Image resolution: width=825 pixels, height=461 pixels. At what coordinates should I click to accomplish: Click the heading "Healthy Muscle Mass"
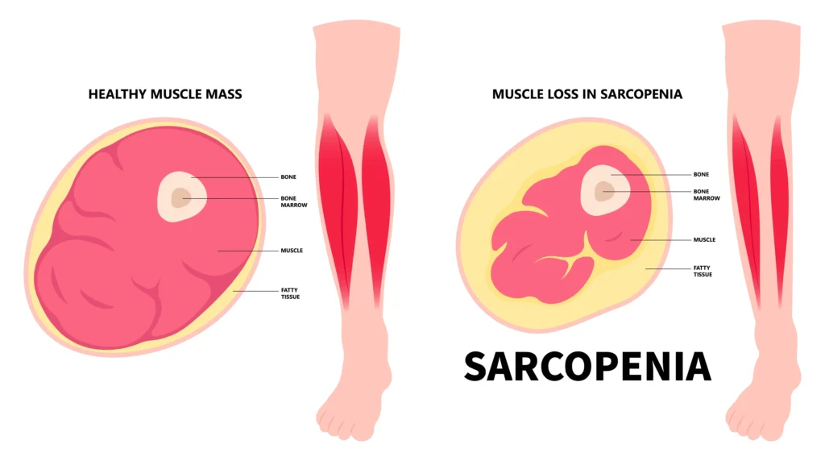165,94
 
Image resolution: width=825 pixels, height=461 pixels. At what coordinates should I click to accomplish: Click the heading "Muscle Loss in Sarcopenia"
587,94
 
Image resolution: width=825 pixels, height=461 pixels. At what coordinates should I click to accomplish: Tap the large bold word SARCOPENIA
587,367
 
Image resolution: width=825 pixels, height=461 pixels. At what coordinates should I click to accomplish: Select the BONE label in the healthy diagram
288,177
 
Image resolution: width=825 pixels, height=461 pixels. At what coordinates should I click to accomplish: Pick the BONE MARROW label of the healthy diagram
293,201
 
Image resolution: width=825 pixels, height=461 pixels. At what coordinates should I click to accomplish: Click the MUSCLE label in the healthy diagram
292,251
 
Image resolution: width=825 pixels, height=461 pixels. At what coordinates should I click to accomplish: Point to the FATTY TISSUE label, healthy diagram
290,293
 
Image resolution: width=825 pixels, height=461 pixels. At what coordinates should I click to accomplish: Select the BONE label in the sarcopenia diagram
701,174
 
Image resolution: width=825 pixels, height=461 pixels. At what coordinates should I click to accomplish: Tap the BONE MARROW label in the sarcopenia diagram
707,195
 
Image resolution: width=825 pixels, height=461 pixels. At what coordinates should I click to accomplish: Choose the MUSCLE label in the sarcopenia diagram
704,239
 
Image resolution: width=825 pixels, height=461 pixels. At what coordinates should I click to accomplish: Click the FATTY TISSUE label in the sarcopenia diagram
703,271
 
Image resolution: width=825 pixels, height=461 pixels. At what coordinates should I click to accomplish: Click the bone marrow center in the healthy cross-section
180,198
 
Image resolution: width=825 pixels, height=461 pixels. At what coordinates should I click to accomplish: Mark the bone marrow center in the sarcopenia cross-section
603,191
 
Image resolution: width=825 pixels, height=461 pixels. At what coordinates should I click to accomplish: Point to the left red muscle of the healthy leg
337,210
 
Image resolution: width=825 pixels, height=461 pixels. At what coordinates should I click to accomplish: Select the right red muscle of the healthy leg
377,210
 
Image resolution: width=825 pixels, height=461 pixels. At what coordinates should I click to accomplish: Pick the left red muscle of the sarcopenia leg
746,210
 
